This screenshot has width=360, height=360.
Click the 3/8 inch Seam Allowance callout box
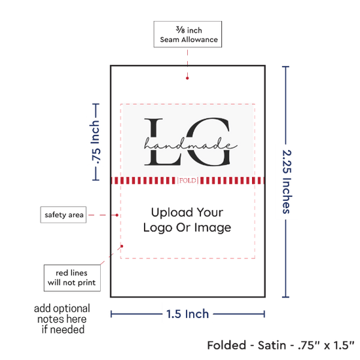[x=188, y=34]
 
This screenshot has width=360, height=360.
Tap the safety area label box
[x=63, y=215]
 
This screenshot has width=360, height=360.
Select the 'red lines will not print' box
[x=72, y=278]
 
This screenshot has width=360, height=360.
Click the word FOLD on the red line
[x=188, y=181]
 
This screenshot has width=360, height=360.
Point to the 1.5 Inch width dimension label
[x=188, y=314]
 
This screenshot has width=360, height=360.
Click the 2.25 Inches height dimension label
[x=287, y=182]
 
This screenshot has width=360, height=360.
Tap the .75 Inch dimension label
[x=95, y=142]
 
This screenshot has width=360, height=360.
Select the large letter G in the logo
[x=207, y=141]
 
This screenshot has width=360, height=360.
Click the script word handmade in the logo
[x=190, y=144]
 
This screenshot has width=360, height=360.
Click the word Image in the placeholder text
[x=213, y=228]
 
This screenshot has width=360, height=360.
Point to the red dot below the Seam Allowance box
[x=187, y=79]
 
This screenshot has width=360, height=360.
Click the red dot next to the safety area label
[x=117, y=215]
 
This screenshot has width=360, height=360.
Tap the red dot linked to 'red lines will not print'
[x=122, y=246]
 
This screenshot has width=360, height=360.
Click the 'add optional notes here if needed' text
[x=62, y=319]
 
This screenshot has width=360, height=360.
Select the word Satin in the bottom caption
[x=272, y=346]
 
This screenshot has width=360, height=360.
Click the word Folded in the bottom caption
[x=227, y=346]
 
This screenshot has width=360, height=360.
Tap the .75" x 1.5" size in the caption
[x=326, y=346]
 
